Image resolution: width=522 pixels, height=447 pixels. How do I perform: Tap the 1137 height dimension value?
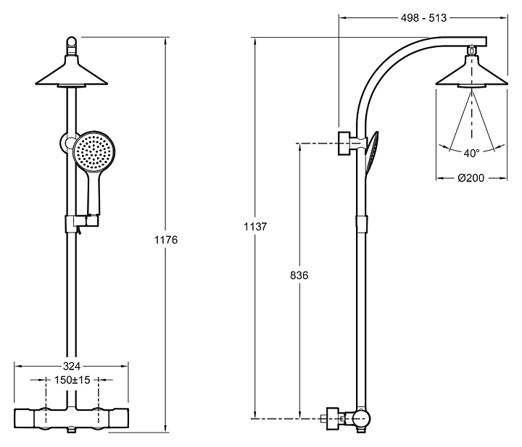[256, 226]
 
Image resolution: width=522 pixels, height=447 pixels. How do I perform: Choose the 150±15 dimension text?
[72, 380]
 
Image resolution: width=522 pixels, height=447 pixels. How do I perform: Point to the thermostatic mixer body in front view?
[71, 418]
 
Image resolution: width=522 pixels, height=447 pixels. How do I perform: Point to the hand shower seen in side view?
[372, 152]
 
